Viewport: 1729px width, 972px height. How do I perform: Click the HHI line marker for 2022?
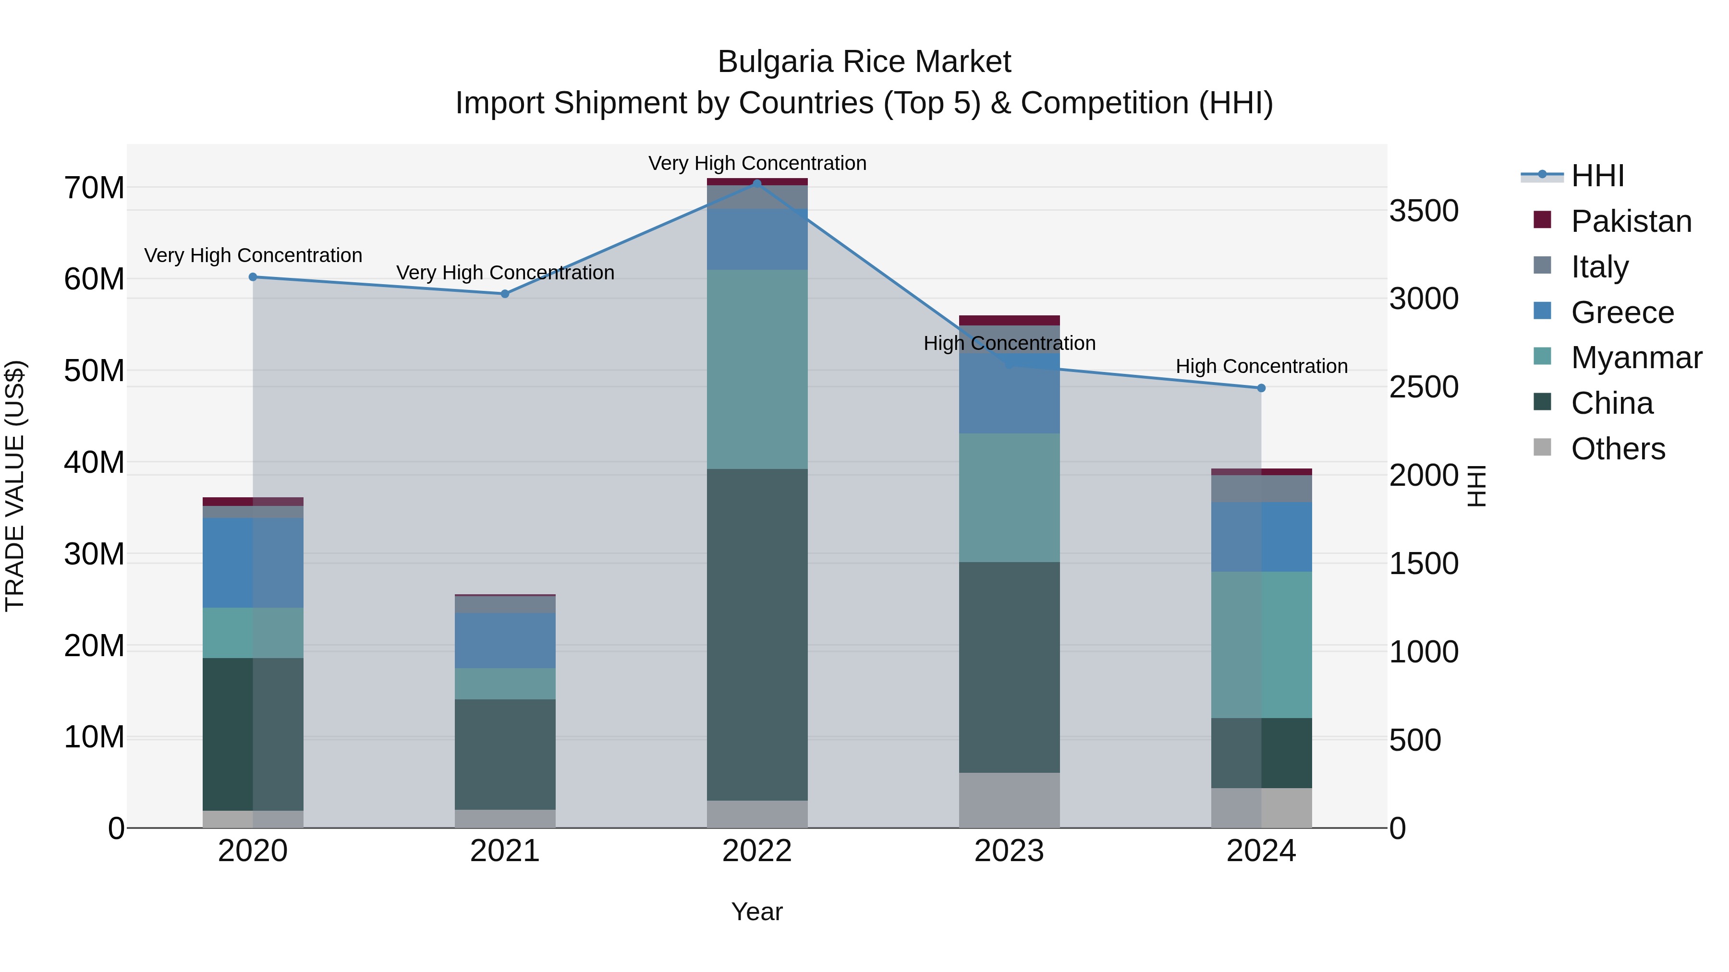point(757,183)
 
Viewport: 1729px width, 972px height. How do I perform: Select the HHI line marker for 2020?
point(253,277)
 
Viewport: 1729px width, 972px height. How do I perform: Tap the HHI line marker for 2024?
point(1261,388)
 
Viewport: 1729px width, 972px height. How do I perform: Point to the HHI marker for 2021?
point(505,294)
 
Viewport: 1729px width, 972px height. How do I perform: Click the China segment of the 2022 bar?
point(757,634)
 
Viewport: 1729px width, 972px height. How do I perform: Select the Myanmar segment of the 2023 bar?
point(1010,498)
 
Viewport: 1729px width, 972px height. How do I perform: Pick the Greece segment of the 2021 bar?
point(505,641)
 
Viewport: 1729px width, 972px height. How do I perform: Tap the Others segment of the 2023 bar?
point(1010,800)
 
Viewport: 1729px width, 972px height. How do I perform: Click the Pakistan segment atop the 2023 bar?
point(1010,321)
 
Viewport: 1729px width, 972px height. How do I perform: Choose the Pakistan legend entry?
point(1631,221)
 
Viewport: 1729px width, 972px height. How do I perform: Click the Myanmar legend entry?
point(1636,358)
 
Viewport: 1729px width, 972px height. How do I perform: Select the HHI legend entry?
point(1597,176)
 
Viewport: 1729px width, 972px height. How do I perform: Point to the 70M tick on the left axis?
point(94,188)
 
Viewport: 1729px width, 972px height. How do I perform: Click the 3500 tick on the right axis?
point(1424,211)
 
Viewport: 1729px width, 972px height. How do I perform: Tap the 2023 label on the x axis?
point(1010,851)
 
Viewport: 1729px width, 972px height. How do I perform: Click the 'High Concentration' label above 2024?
point(1262,366)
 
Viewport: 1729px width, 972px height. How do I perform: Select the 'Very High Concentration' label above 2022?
point(757,163)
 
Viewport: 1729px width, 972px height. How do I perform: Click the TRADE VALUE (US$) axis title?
point(15,486)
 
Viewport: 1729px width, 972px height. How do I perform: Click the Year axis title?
point(757,912)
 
